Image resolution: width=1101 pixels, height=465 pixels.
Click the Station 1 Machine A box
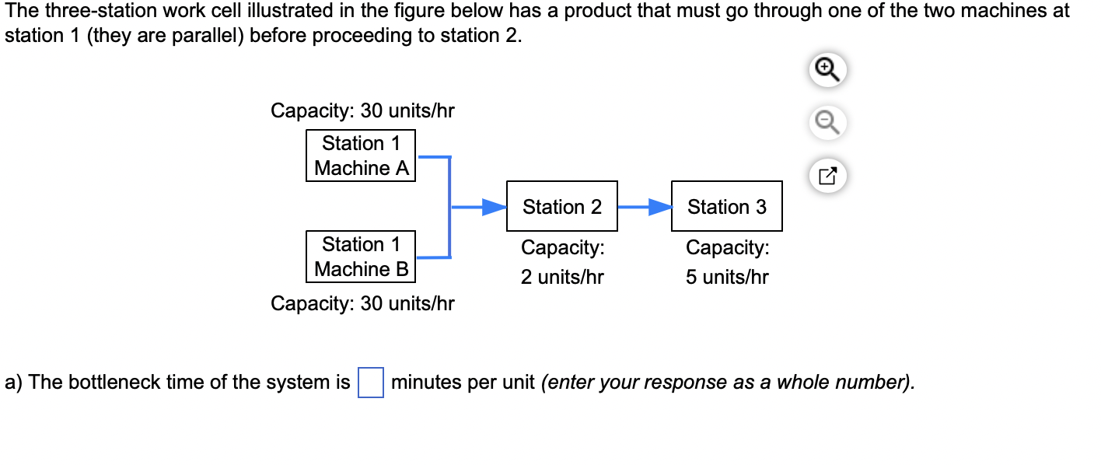[x=361, y=156]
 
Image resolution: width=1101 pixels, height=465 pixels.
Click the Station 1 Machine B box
[x=361, y=257]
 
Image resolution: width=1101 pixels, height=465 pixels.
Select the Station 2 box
[x=561, y=207]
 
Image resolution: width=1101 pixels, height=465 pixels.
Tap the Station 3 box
[x=726, y=207]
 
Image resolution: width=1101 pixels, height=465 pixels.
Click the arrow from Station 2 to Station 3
[x=645, y=208]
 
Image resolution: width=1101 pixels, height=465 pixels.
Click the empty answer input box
[x=371, y=383]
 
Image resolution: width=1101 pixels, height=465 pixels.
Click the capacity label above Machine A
[x=362, y=111]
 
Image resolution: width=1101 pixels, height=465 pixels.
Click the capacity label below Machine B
[x=362, y=303]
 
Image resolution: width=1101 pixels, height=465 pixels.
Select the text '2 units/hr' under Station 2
[x=561, y=277]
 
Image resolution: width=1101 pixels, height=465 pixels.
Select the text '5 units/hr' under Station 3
[x=726, y=277]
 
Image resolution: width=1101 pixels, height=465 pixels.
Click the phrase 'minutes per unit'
[x=463, y=383]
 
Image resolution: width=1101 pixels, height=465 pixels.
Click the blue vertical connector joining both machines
[x=449, y=207]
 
